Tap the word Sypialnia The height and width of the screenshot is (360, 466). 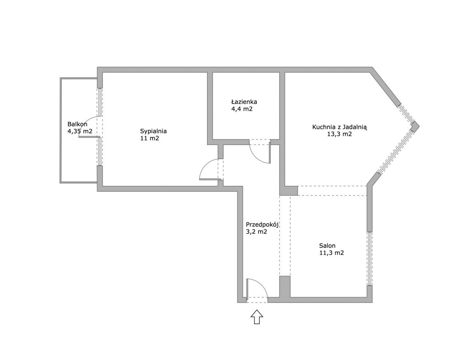point(153,131)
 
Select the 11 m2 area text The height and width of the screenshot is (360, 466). point(150,138)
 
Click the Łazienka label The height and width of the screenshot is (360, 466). point(244,102)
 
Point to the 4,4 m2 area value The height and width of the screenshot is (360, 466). point(242,109)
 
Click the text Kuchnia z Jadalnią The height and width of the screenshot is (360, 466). point(340,127)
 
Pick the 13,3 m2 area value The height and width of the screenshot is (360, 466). point(339,134)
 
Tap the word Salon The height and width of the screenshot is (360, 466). point(327,246)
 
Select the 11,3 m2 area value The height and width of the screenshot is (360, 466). point(332,253)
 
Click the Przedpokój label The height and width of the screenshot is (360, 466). point(262,225)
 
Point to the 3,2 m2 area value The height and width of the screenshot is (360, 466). point(256,232)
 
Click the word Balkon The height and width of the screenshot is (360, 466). point(77,124)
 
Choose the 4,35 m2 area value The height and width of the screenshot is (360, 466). point(80,131)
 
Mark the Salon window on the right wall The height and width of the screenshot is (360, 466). point(369,258)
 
